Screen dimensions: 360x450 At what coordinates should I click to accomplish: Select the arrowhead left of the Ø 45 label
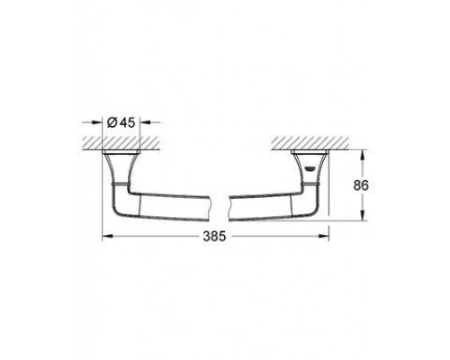pyautogui.click(x=97, y=121)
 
